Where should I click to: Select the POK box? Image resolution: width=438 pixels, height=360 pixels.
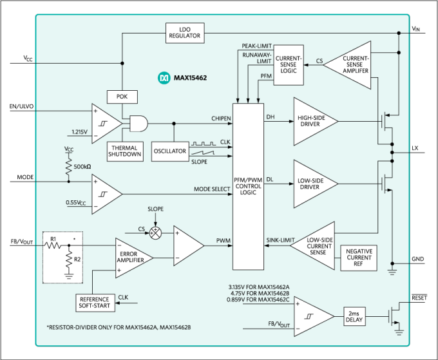[122, 97]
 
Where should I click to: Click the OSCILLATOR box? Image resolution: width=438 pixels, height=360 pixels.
[170, 151]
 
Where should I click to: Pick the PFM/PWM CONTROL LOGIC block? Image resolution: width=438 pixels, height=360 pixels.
[248, 185]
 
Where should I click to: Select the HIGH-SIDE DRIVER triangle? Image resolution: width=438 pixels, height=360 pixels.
[314, 121]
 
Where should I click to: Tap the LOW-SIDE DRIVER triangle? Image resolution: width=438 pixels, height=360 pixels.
[314, 184]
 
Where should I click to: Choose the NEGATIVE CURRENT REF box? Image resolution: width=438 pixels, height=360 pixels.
[359, 258]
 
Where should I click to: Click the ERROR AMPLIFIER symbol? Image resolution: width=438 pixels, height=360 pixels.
[131, 258]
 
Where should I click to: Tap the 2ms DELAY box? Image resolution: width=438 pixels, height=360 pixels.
[354, 316]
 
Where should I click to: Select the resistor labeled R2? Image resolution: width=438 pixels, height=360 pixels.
[69, 260]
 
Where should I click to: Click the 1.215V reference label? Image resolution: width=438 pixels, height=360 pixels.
[79, 132]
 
